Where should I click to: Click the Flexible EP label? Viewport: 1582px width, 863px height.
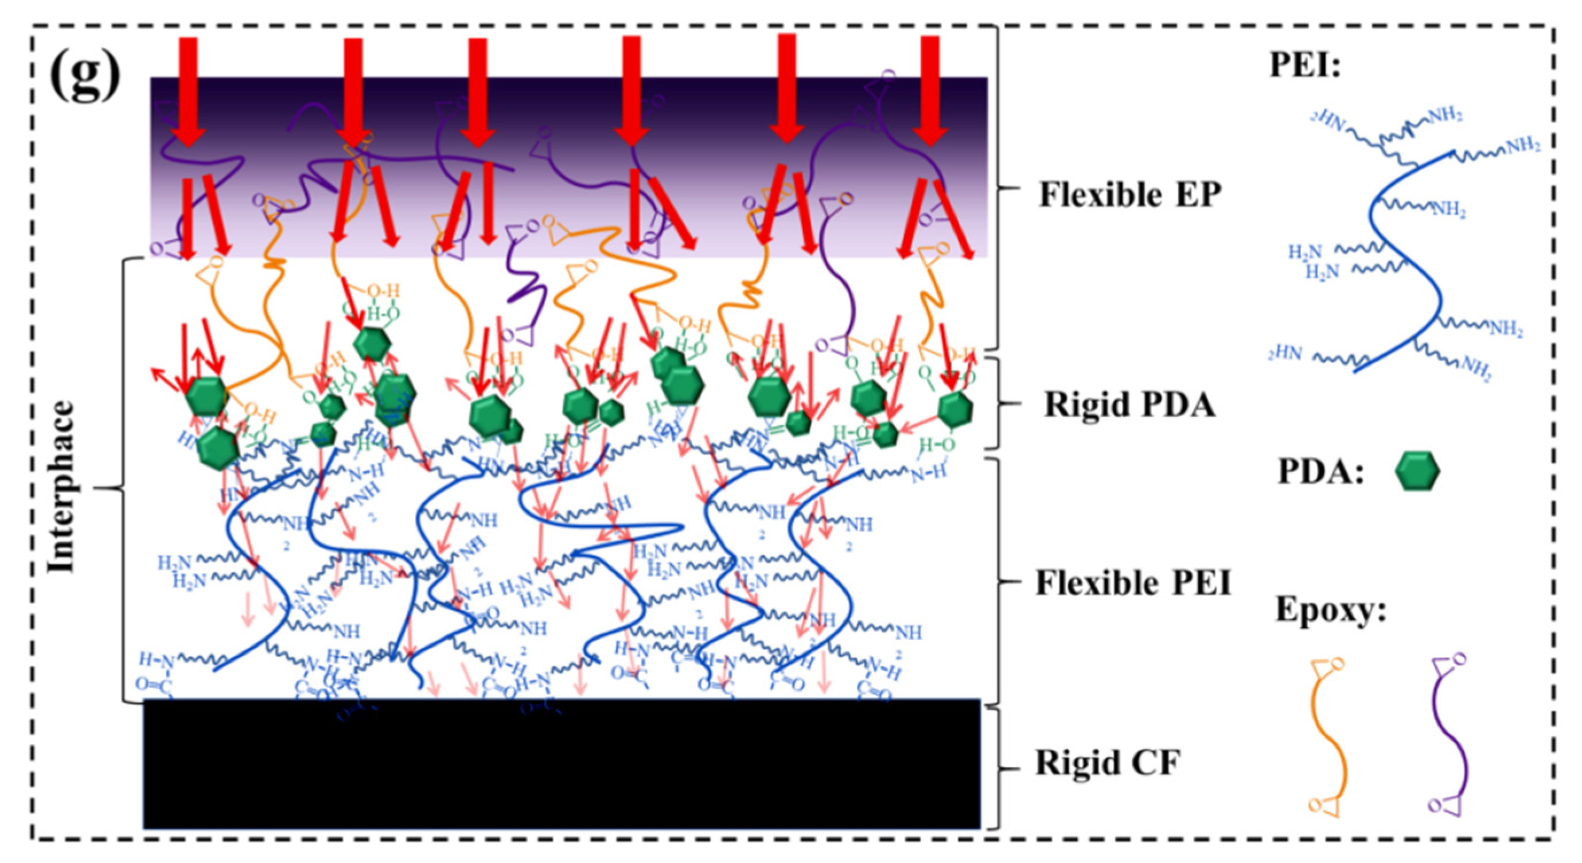(1129, 195)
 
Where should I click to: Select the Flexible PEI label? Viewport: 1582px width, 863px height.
(1133, 583)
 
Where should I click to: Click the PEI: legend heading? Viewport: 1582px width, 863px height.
(1304, 80)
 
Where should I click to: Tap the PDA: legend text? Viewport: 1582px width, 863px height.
(1320, 472)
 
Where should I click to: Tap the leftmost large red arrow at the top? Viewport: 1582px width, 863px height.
(189, 92)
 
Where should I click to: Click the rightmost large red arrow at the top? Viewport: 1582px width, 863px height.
(930, 92)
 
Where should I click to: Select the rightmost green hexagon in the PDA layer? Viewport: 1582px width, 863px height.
(956, 408)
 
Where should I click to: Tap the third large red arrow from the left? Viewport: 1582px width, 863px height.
(478, 92)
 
